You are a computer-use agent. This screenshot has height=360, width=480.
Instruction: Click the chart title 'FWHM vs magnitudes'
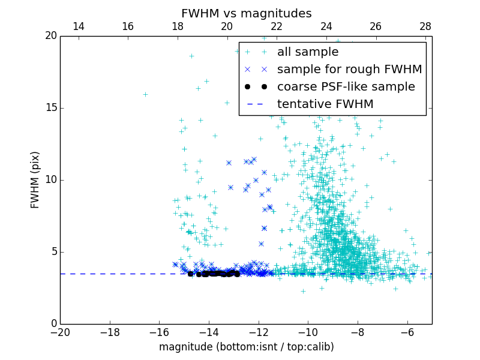click(246, 13)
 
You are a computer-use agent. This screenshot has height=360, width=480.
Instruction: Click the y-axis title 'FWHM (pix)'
click(35, 179)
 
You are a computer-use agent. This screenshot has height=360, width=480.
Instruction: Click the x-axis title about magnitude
click(246, 347)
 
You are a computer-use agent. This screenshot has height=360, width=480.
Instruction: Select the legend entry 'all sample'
click(308, 52)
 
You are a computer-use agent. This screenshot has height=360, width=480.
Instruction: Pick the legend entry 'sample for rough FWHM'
click(349, 70)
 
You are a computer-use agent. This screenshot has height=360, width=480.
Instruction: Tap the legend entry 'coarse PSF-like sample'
click(346, 87)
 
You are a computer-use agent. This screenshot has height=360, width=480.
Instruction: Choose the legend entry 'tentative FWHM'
click(325, 104)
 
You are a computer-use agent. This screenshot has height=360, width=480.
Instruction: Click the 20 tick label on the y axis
click(50, 36)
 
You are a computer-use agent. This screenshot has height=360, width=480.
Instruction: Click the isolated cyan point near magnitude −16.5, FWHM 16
click(145, 94)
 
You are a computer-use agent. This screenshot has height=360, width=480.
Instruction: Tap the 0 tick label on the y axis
click(53, 324)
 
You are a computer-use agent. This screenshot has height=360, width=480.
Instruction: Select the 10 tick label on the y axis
click(50, 180)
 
